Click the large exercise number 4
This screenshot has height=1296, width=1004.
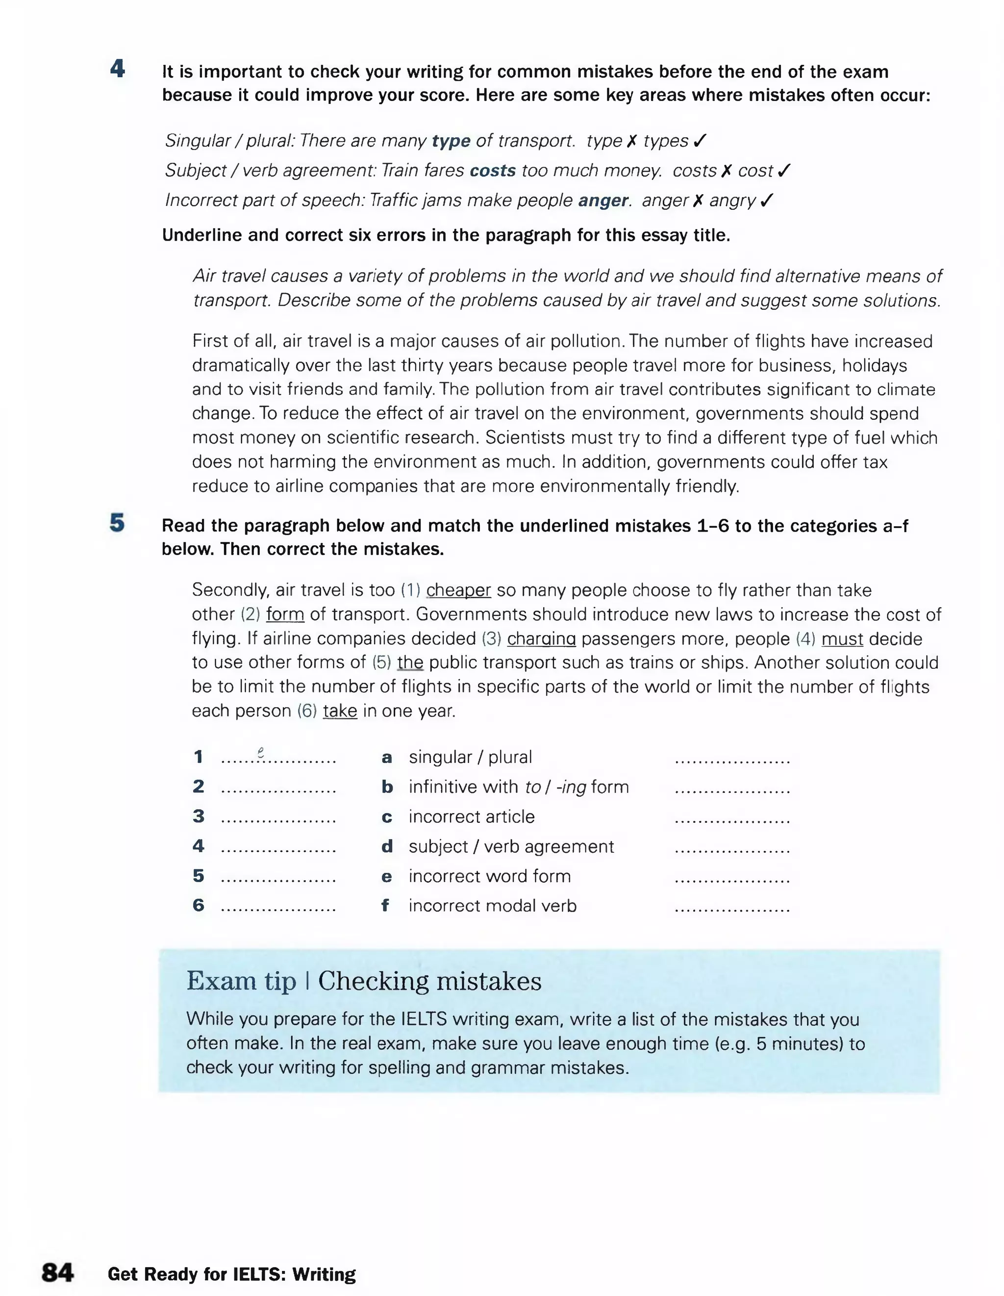click(x=118, y=70)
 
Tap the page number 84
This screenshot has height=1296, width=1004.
click(x=57, y=1272)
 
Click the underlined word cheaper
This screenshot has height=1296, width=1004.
click(x=458, y=590)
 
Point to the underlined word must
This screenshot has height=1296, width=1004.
click(x=842, y=638)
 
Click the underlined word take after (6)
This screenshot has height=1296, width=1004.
click(x=340, y=711)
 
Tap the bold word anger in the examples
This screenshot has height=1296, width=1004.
click(x=603, y=201)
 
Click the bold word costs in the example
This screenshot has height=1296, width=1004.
click(x=493, y=171)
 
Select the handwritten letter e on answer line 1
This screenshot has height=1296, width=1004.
click(x=260, y=752)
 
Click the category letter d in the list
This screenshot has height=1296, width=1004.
click(x=387, y=847)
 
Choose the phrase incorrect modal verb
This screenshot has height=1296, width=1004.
click(x=493, y=906)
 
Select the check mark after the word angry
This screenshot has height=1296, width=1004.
click(x=767, y=201)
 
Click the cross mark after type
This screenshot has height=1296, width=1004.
click(x=632, y=141)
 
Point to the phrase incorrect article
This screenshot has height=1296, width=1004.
click(x=472, y=816)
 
